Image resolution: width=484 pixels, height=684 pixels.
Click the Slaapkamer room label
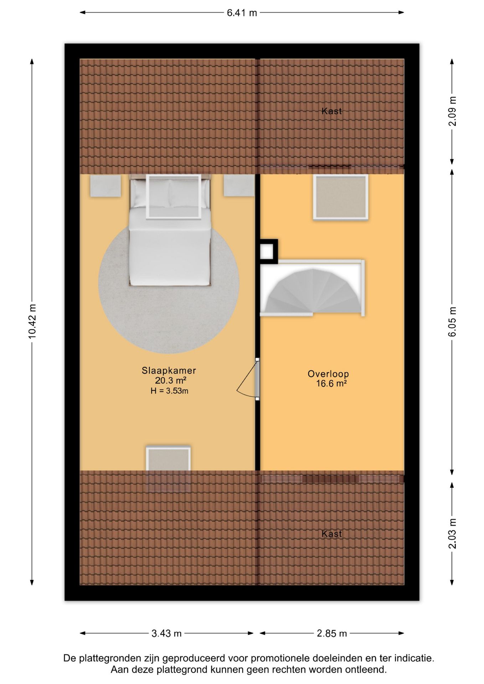coord(169,370)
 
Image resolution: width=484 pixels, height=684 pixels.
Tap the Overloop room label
coord(328,374)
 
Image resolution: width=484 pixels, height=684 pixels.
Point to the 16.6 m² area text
coord(331,384)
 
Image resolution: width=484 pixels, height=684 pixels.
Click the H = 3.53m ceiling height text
coord(169,391)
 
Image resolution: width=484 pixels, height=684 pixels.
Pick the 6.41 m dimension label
coord(242,13)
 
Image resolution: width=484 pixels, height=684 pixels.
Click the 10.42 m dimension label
coord(32,322)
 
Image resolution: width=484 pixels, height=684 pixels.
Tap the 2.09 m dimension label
coord(452,111)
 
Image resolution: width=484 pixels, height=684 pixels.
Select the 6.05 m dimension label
coord(452,322)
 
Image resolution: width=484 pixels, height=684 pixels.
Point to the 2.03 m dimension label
coord(452,534)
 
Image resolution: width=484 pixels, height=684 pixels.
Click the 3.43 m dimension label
coord(166,633)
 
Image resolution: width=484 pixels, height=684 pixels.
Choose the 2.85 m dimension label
coord(332,633)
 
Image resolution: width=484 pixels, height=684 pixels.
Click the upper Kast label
coord(331,111)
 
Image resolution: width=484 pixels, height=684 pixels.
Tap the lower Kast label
coord(331,534)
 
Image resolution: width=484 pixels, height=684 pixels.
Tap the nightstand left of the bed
coord(105,186)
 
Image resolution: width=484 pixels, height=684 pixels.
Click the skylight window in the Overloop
coord(341,197)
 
